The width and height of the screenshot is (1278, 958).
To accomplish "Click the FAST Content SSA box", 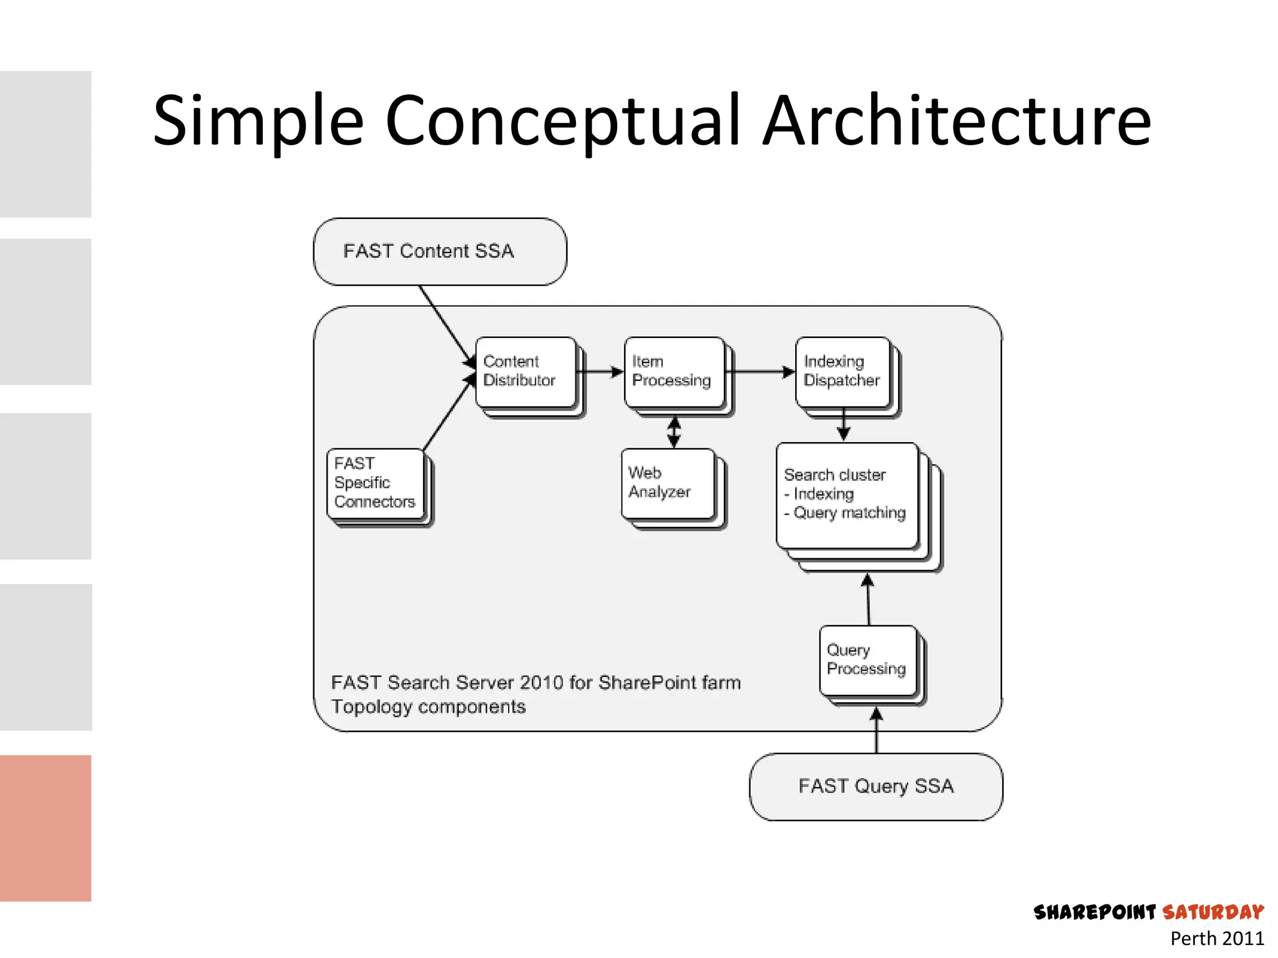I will point(440,251).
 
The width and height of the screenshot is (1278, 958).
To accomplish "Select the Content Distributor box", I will point(525,372).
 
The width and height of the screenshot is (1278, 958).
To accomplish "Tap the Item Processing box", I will point(674,372).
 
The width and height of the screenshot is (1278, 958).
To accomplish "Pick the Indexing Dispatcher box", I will point(842,372).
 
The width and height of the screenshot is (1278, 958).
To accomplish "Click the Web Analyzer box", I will point(668,483).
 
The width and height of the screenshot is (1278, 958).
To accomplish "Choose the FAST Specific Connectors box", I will point(375,483).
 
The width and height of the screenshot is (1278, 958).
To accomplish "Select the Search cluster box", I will point(847,495).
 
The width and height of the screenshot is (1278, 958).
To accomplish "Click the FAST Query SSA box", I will point(876,786).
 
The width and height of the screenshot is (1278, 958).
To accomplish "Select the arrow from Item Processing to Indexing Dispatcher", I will point(760,372).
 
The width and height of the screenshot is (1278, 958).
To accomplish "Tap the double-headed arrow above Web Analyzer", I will point(674,432).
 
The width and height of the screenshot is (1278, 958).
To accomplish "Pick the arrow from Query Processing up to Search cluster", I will point(868,600).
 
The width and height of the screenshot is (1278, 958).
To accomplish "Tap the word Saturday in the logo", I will point(1213,912).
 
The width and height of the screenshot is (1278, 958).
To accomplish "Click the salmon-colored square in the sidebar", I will point(46,828).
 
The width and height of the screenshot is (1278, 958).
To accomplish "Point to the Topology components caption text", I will point(428,707).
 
